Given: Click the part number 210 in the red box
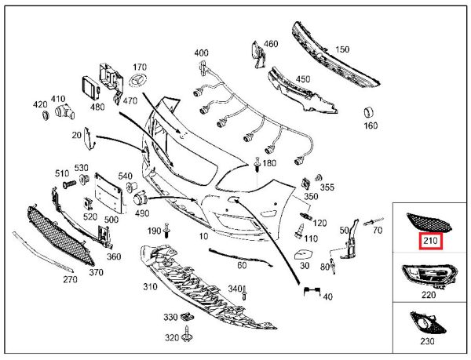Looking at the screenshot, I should tap(430, 241).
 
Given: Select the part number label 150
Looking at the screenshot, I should tap(343, 50).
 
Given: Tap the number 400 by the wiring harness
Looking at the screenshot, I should tap(202, 53).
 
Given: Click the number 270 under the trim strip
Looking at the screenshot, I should tap(69, 278).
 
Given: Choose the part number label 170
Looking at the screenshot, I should tap(141, 67).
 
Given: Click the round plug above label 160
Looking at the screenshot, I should tap(367, 109).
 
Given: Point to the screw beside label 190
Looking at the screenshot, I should tap(167, 231).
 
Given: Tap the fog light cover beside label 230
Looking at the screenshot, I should tap(426, 323).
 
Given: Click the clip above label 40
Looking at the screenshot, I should tap(312, 292).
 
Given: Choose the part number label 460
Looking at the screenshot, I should tap(271, 44).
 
